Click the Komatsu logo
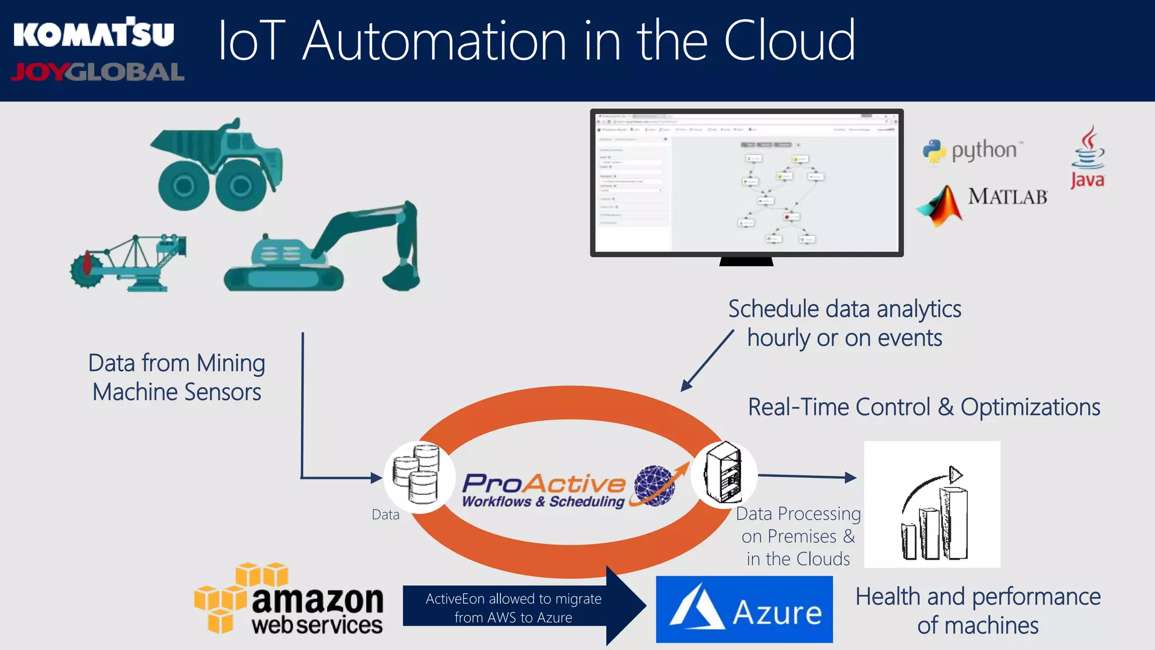94,34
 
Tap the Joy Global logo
98,72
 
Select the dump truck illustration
218,164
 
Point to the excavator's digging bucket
401,276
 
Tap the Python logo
934,151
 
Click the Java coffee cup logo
1088,149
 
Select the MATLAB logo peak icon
940,206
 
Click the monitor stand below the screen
746,261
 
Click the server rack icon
724,473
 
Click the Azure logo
744,609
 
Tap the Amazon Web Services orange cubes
237,595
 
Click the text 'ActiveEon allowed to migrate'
513,599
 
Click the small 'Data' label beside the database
385,515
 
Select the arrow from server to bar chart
807,477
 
